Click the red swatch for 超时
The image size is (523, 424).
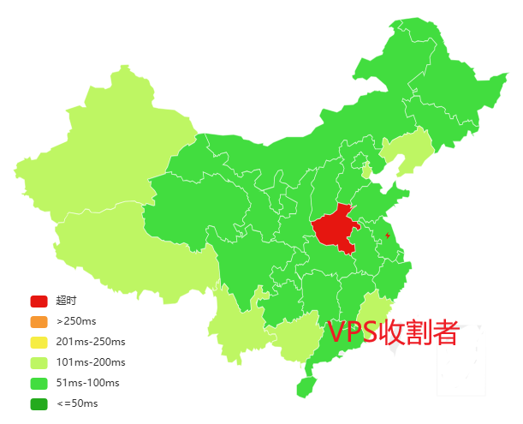(x=39, y=301)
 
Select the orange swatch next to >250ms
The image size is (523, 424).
(x=39, y=321)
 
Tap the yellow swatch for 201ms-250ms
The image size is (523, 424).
(x=39, y=342)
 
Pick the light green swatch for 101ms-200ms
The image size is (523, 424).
(x=39, y=362)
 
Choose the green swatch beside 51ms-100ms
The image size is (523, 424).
(x=39, y=383)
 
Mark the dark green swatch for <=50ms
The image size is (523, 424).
(x=39, y=403)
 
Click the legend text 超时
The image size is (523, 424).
(x=66, y=301)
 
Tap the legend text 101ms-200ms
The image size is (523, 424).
(x=91, y=362)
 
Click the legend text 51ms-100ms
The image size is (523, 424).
(x=87, y=383)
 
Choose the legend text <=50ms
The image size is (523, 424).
(x=77, y=403)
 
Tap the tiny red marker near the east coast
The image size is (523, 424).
(x=389, y=234)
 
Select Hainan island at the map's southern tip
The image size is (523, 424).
(x=306, y=386)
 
